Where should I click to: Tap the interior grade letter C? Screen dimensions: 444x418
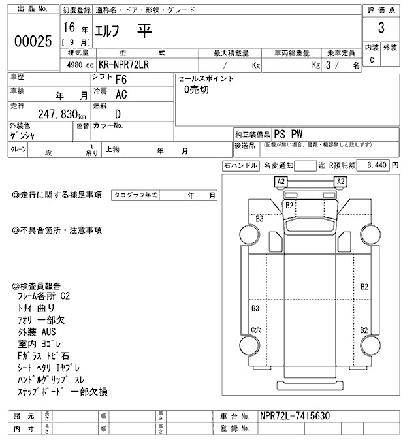(372, 60)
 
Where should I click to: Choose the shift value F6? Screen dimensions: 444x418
(122, 80)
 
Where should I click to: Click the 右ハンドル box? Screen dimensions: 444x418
(240, 166)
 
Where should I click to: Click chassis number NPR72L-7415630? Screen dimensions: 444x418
(295, 416)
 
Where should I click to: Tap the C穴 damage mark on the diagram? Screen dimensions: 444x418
(256, 330)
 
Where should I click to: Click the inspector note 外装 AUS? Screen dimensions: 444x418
(38, 331)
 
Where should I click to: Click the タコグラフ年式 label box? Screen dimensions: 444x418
(137, 195)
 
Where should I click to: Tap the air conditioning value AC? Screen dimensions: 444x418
(121, 94)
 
